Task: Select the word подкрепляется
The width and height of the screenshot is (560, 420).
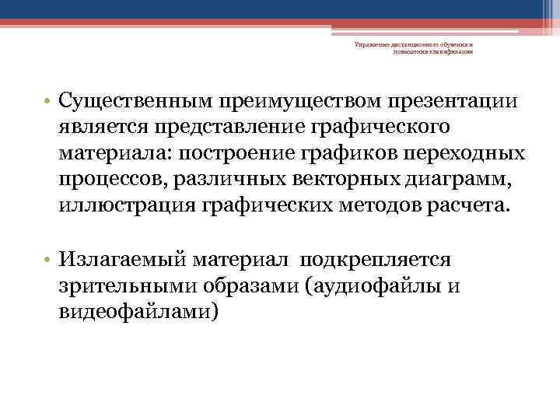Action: pos(380,261)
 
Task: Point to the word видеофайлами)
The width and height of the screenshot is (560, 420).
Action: pos(139,312)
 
